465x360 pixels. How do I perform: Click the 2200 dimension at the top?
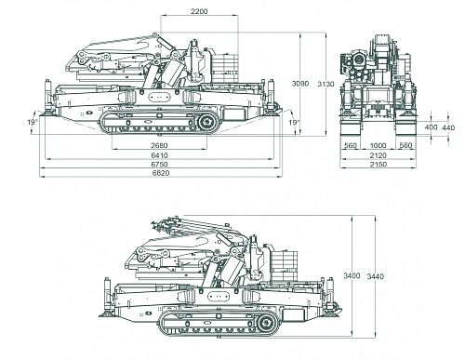[x=199, y=11]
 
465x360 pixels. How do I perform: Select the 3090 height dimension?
[x=300, y=83]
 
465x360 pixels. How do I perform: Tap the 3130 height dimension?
[x=325, y=84]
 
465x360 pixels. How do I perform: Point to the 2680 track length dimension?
[x=159, y=145]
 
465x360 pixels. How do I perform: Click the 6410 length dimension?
[x=159, y=155]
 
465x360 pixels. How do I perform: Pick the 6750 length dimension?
[x=159, y=164]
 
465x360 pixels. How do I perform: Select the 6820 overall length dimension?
[x=161, y=173]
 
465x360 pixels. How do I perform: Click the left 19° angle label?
[x=32, y=122]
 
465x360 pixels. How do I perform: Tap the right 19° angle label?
[x=294, y=123]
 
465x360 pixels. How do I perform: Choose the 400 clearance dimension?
[x=431, y=127]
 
